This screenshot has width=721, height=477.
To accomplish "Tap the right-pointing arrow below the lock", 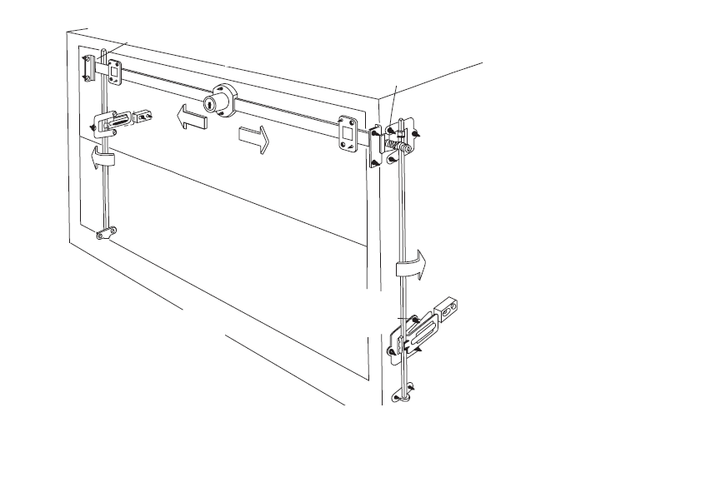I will click(x=254, y=138).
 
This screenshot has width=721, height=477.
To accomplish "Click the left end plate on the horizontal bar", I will click(x=114, y=71).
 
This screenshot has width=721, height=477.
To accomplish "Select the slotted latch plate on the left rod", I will click(x=113, y=123).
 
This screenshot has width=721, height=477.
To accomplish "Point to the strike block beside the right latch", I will click(x=448, y=309).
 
